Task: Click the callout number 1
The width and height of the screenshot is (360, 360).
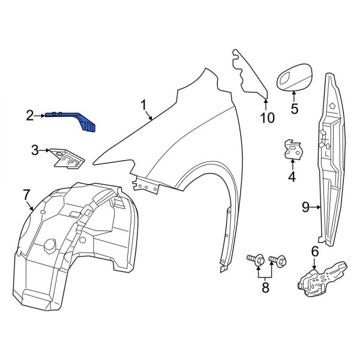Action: pyautogui.click(x=144, y=106)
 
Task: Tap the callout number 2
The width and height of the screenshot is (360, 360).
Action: pyautogui.click(x=29, y=115)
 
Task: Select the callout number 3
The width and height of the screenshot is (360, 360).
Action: pyautogui.click(x=35, y=149)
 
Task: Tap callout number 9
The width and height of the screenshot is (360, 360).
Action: pyautogui.click(x=305, y=208)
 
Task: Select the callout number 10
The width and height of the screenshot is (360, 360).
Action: pyautogui.click(x=268, y=118)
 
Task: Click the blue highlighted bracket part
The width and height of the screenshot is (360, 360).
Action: pyautogui.click(x=75, y=118)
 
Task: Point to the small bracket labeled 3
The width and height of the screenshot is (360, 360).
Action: pyautogui.click(x=66, y=157)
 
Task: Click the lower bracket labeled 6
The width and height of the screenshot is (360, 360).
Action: pyautogui.click(x=323, y=277)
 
